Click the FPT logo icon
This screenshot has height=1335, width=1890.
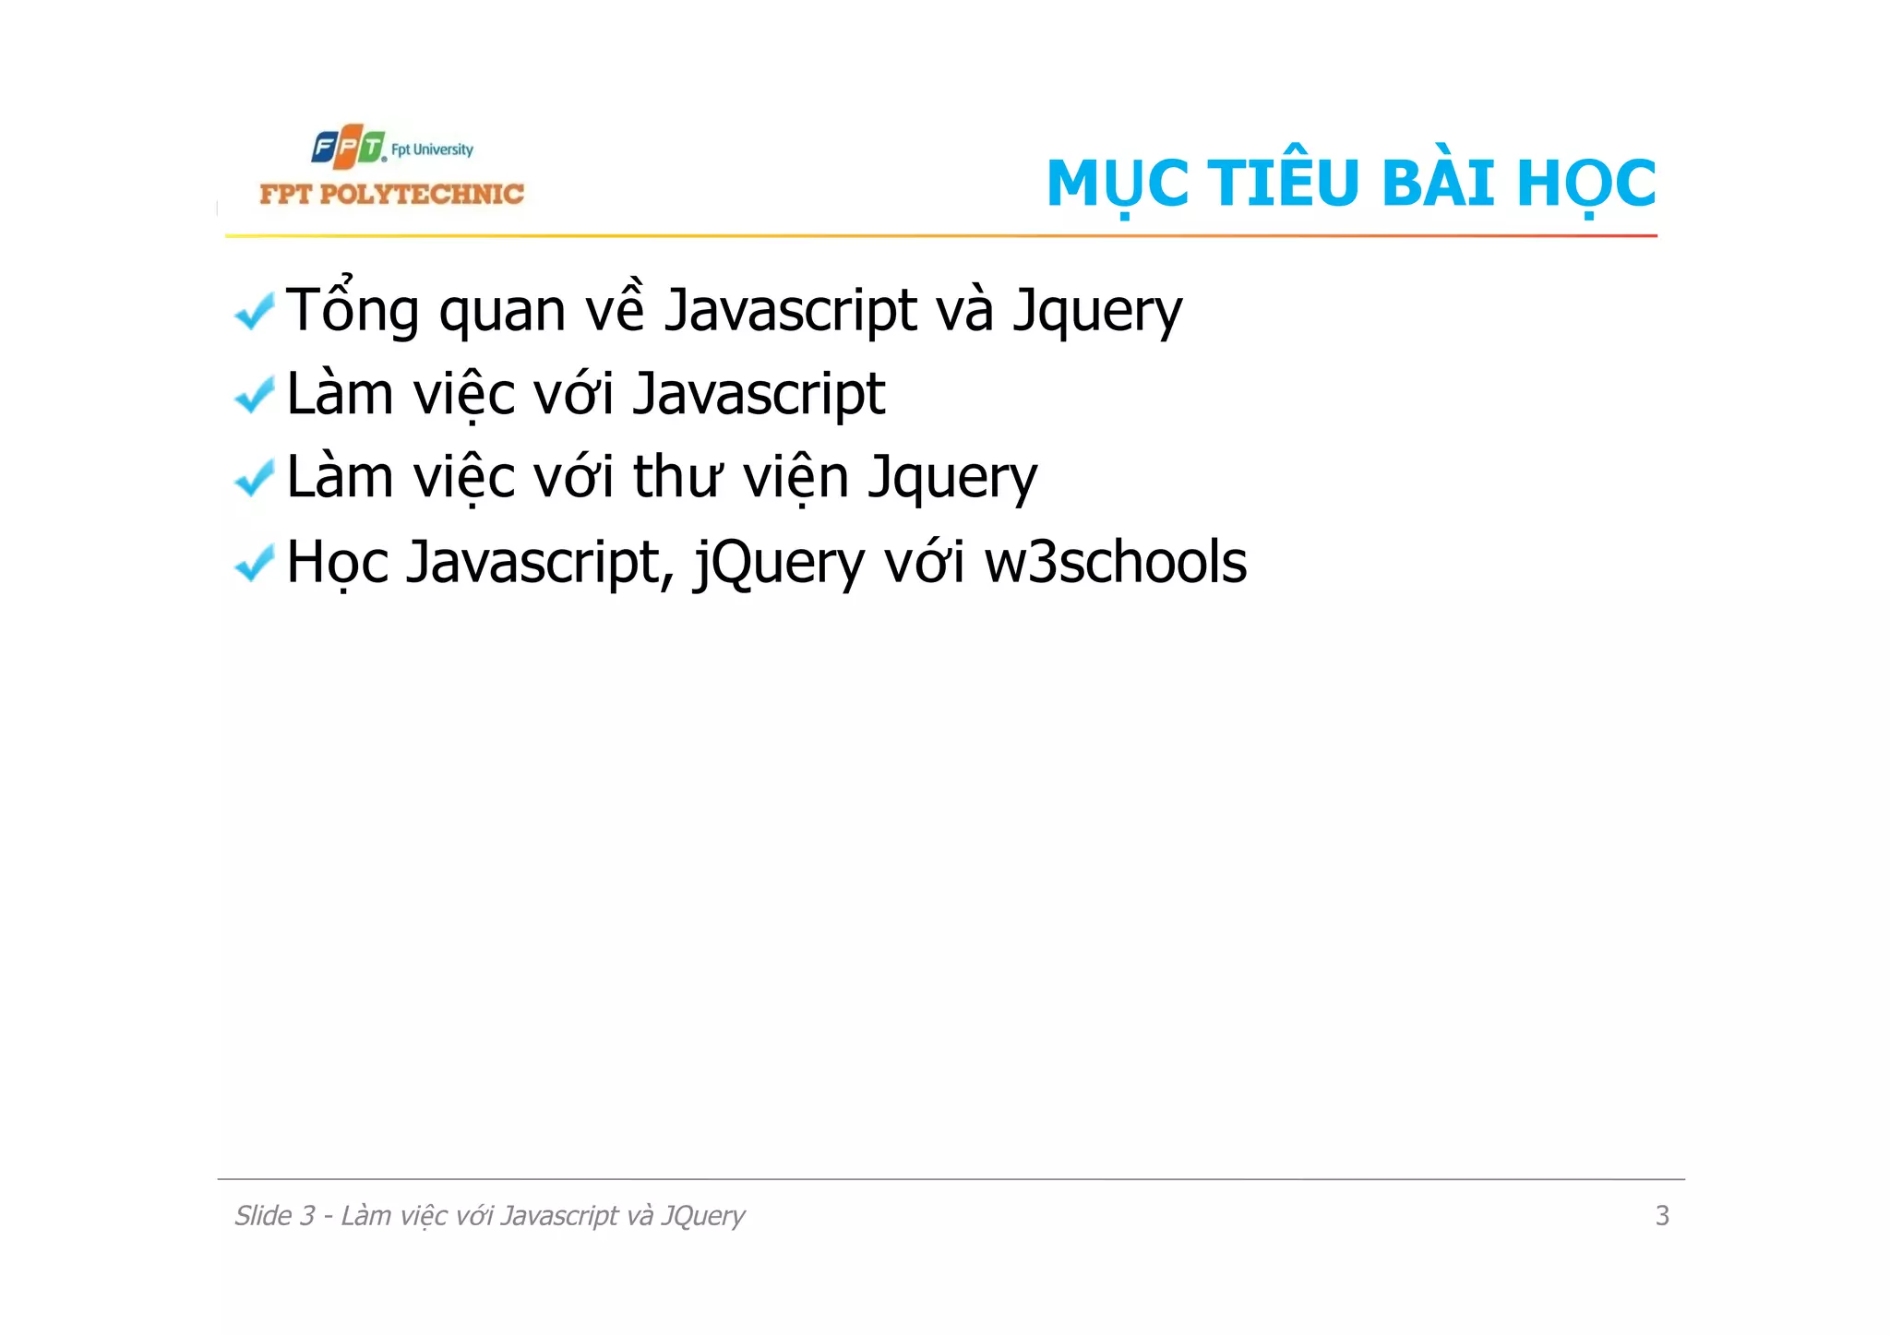pos(347,148)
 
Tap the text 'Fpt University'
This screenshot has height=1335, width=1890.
pos(432,149)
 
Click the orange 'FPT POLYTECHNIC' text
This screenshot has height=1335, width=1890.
pos(391,194)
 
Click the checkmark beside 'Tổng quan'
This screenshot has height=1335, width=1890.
pos(254,311)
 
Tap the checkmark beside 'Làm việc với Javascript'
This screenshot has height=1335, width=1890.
pos(254,395)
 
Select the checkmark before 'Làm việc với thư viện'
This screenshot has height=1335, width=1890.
pos(254,478)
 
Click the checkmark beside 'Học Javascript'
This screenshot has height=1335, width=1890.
pos(254,563)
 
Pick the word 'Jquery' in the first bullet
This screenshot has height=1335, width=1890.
pos(1097,311)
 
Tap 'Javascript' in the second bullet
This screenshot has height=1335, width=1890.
pos(759,395)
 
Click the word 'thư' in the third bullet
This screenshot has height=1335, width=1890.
pos(677,477)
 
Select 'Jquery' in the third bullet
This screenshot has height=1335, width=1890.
pos(953,479)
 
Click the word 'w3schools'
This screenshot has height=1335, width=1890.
pos(1115,562)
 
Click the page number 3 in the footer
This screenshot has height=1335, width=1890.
pos(1662,1215)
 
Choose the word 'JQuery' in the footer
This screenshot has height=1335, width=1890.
pos(702,1216)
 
